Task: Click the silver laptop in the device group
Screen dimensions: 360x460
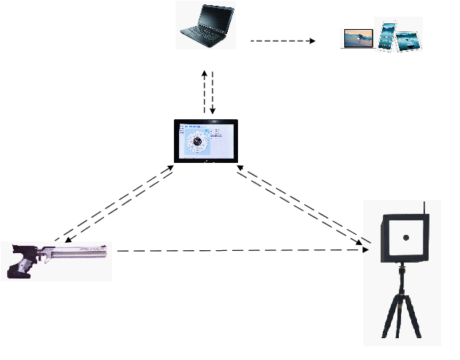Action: pos(357,39)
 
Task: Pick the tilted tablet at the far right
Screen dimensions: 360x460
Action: pos(409,36)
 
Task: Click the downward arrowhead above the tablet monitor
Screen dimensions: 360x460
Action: pos(213,111)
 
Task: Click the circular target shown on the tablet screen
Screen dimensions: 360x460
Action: pos(196,140)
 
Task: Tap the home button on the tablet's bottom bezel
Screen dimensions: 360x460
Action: pos(207,159)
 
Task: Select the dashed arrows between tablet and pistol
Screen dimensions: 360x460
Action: pos(117,204)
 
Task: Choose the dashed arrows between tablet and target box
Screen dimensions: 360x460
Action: pos(302,207)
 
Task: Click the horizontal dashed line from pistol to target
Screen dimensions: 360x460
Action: pos(240,250)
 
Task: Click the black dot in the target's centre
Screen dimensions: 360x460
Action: pos(406,238)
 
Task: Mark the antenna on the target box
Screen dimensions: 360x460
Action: pos(423,207)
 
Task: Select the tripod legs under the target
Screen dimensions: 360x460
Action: pos(400,313)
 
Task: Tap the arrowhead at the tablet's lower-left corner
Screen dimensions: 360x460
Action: pos(171,169)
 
